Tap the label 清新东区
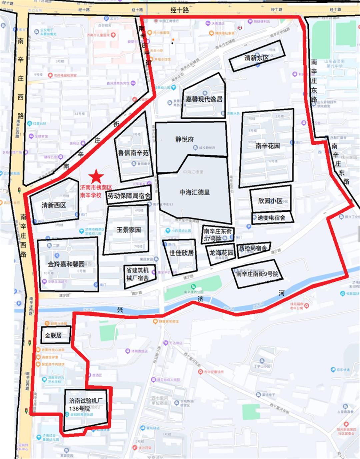(256, 58)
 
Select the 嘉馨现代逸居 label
(204, 99)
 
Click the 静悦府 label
(184, 139)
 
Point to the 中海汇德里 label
(195, 192)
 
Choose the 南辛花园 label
(268, 146)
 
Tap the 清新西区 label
(54, 205)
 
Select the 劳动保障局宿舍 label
(129, 196)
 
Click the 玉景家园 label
(128, 230)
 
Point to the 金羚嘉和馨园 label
(66, 264)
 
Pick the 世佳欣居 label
(181, 253)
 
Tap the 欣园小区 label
(270, 201)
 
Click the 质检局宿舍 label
(253, 248)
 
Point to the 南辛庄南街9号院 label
(257, 274)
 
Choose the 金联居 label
(53, 335)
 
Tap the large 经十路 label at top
(180, 10)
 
